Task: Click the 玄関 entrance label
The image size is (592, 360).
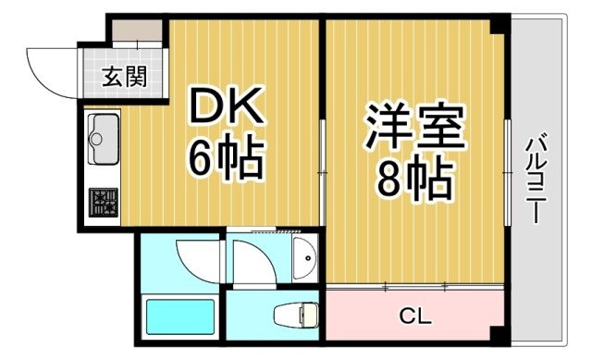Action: click(x=124, y=77)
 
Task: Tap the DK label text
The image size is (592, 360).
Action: click(x=227, y=106)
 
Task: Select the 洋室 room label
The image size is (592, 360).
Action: click(x=413, y=126)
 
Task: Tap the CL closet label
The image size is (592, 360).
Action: click(x=415, y=317)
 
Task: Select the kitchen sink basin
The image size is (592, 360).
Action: click(x=103, y=139)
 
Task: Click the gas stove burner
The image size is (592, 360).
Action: click(x=104, y=203)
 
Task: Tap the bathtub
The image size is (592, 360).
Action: click(x=180, y=317)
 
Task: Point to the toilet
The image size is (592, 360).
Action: click(x=295, y=315)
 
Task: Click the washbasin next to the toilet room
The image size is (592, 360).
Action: click(x=304, y=259)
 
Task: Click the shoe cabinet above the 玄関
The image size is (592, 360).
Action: click(x=138, y=31)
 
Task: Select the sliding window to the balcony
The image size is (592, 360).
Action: click(x=508, y=173)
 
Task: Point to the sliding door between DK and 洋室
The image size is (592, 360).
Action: click(x=323, y=173)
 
